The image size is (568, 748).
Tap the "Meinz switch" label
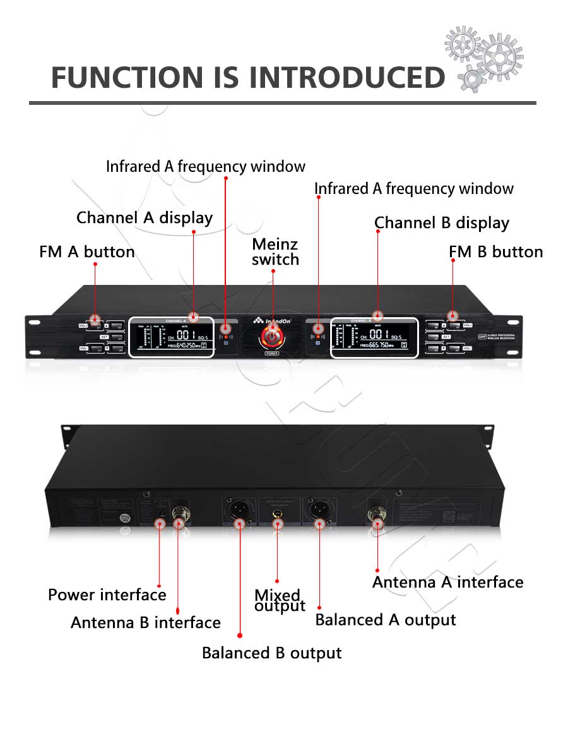pyautogui.click(x=275, y=251)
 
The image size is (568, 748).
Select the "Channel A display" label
pyautogui.click(x=145, y=218)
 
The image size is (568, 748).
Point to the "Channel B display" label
pyautogui.click(x=441, y=223)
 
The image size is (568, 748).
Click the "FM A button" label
pyautogui.click(x=87, y=252)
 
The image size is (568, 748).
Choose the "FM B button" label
pyautogui.click(x=495, y=252)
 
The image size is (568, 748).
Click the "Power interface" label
pyautogui.click(x=107, y=595)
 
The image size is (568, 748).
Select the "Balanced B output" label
pyautogui.click(x=271, y=653)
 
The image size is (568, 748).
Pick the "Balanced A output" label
pyautogui.click(x=385, y=620)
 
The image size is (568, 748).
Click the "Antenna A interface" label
pyautogui.click(x=447, y=582)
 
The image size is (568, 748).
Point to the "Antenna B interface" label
pyautogui.click(x=145, y=623)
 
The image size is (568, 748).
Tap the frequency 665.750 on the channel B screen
pyautogui.click(x=382, y=346)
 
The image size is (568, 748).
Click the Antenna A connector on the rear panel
pyautogui.click(x=377, y=513)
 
